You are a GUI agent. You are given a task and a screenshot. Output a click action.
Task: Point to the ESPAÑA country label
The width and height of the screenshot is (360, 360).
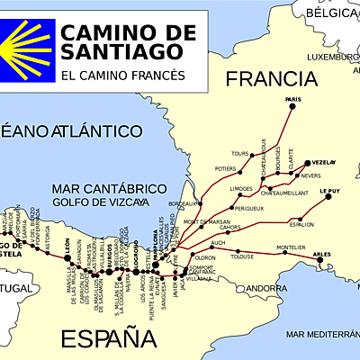pos(101,339)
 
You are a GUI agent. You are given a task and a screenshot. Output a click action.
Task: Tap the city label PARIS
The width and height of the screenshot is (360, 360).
pos(292,99)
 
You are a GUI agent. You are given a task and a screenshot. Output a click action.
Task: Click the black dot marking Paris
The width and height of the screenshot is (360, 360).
pos(292,107)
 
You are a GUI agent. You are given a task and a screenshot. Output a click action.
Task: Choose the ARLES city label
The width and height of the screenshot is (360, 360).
pos(321,255)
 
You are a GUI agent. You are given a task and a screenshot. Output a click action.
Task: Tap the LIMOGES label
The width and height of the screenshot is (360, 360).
pos(241,188)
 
